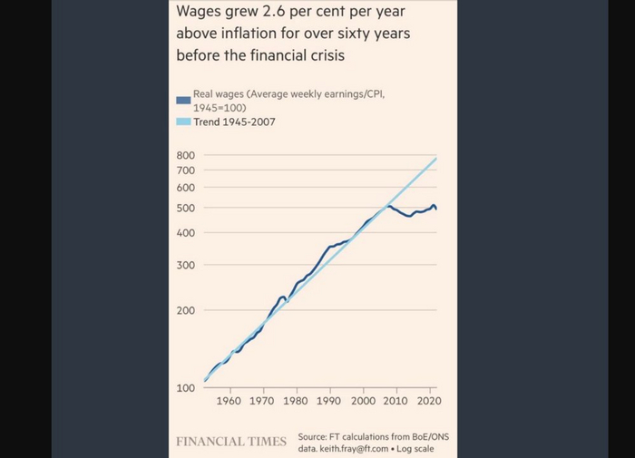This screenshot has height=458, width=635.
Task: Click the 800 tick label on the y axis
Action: point(185,155)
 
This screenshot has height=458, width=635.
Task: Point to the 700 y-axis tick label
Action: point(185,171)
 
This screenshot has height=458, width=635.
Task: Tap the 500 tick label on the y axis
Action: point(185,209)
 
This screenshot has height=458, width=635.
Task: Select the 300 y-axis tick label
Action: point(185,266)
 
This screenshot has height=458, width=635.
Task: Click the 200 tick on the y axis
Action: point(185,311)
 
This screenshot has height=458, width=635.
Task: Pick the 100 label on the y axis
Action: point(185,388)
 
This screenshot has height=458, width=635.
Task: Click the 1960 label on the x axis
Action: point(229,401)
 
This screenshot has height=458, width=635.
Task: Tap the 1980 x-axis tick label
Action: point(296,401)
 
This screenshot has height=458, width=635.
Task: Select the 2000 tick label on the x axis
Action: point(363,401)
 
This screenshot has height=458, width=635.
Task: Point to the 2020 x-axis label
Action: point(429,401)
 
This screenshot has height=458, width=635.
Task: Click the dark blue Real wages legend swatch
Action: point(182,100)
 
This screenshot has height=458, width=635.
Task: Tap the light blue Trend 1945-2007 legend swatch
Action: point(182,122)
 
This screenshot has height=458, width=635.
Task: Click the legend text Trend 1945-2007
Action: point(234,122)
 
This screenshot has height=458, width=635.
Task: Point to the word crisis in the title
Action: point(324,54)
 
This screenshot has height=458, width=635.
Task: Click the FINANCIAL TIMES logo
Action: point(230,442)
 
